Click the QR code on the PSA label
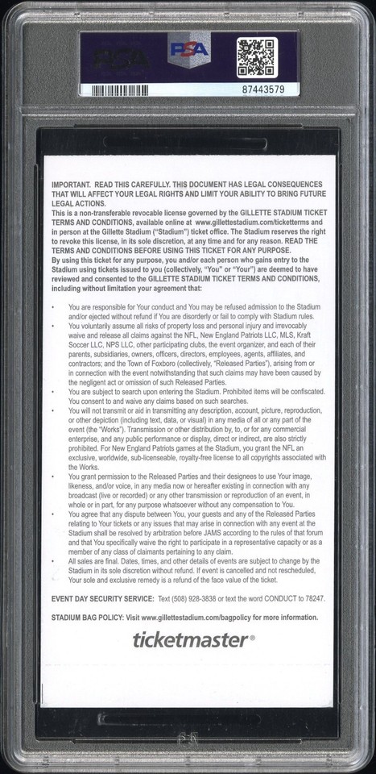(x=256, y=57)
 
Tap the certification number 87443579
(x=262, y=89)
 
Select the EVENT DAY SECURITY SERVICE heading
(x=103, y=599)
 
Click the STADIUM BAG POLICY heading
(x=90, y=618)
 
